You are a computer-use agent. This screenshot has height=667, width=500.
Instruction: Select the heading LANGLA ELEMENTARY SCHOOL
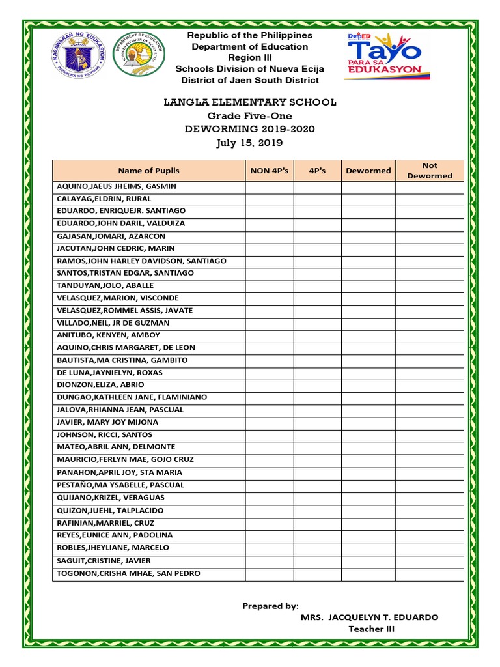(x=250, y=102)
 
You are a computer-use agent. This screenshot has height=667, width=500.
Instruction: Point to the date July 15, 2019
(x=250, y=143)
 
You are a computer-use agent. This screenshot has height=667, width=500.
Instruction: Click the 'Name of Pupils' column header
(x=149, y=171)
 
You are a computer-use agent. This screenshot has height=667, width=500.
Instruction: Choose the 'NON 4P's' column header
(x=270, y=171)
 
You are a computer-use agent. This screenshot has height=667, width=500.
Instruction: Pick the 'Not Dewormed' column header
(x=430, y=171)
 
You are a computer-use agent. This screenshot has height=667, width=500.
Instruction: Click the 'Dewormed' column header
(x=368, y=171)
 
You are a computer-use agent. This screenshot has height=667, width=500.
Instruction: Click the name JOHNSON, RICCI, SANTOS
(x=105, y=434)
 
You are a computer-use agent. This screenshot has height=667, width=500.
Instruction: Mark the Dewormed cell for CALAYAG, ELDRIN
(x=368, y=199)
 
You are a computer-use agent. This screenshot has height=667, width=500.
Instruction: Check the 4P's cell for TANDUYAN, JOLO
(x=318, y=285)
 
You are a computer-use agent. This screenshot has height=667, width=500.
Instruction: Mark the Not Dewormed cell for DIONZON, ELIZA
(x=430, y=385)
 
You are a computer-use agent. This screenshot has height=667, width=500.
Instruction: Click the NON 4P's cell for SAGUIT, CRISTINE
(x=270, y=561)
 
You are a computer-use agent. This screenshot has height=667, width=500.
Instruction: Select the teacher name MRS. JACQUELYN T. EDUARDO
(x=369, y=617)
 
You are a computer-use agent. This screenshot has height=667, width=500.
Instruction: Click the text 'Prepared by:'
(x=270, y=606)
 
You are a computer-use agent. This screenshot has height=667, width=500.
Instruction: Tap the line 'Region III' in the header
(x=250, y=58)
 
